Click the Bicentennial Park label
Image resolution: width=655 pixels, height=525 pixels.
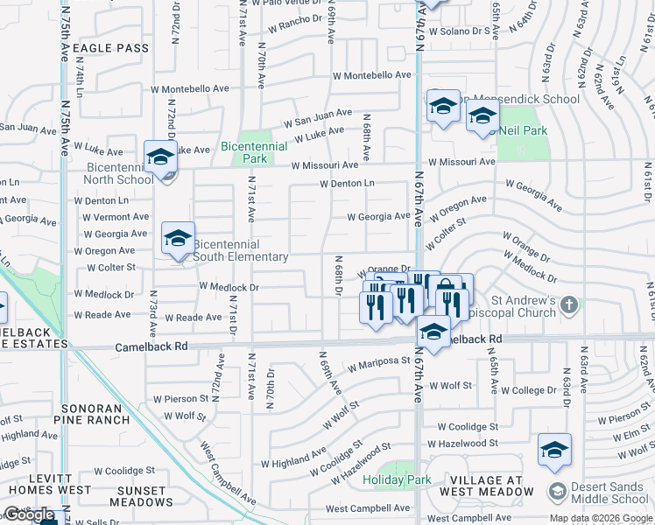255,152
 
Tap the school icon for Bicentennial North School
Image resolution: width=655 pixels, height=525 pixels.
160,157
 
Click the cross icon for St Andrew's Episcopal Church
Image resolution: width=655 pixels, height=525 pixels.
569,304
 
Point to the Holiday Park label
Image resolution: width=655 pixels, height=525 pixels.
398,479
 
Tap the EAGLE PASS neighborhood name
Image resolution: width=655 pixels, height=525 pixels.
111,48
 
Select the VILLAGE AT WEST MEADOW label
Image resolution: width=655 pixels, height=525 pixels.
488,486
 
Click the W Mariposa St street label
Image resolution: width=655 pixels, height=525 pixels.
379,361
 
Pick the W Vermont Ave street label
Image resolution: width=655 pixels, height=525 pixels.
116,216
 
